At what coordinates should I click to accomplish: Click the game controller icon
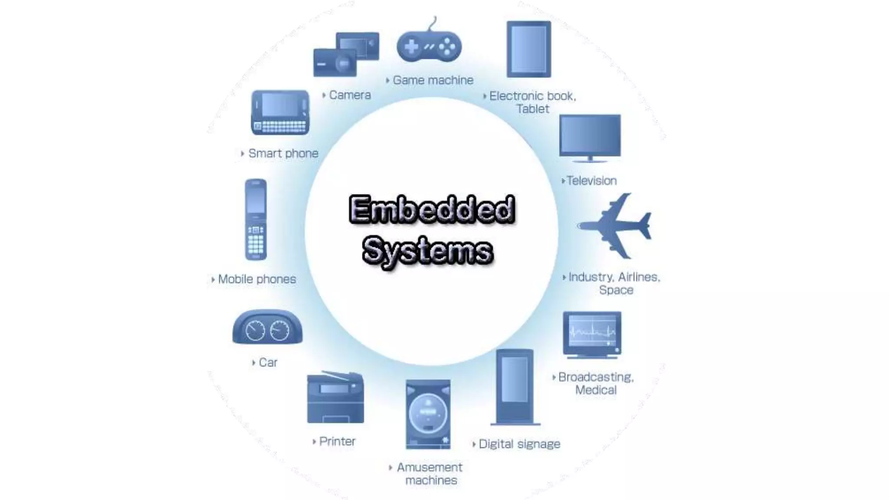click(x=429, y=46)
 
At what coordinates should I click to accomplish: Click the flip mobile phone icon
click(x=256, y=220)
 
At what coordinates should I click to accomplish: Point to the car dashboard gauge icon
click(x=267, y=328)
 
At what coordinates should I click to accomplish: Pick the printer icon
click(x=335, y=398)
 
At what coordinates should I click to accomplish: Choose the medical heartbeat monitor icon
click(x=592, y=334)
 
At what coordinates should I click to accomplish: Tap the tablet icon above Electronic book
click(x=529, y=49)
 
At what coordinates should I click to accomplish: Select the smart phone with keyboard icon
click(x=280, y=113)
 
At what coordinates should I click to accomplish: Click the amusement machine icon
click(x=428, y=414)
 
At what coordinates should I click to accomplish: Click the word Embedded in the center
click(x=432, y=209)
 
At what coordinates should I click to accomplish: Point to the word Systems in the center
click(x=428, y=250)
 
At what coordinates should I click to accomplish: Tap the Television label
click(x=591, y=181)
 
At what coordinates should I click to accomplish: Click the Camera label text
click(x=349, y=95)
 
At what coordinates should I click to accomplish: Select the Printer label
click(x=337, y=441)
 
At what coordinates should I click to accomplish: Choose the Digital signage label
click(x=519, y=444)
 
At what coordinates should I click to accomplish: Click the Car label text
click(x=268, y=362)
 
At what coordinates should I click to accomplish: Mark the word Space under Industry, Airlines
click(x=616, y=290)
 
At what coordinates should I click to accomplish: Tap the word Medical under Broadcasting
click(x=596, y=390)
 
